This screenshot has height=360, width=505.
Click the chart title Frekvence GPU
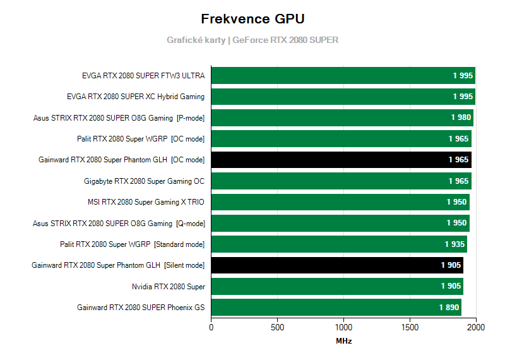click(252, 18)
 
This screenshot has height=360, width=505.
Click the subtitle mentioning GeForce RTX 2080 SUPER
click(252, 40)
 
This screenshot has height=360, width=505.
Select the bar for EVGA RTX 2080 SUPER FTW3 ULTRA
click(343, 76)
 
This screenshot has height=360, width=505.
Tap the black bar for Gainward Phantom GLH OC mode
click(341, 160)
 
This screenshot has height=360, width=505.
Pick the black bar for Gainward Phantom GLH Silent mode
click(337, 265)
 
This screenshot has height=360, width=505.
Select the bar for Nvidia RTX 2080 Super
click(337, 286)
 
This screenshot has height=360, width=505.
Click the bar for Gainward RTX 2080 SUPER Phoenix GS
click(336, 308)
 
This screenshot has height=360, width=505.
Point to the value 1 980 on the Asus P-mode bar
click(461, 117)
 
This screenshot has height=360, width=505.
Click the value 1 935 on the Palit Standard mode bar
click(454, 244)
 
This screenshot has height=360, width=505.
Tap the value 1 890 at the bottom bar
click(449, 308)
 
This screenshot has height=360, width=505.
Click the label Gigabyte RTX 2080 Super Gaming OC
click(144, 181)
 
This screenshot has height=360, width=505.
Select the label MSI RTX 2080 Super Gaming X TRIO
click(146, 202)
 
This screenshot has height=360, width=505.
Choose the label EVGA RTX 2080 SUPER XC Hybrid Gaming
click(135, 97)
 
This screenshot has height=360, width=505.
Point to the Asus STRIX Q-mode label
click(119, 223)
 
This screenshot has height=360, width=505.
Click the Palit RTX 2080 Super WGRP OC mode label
click(141, 139)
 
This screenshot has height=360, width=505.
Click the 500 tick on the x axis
click(277, 327)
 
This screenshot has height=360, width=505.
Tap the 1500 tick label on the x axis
click(410, 327)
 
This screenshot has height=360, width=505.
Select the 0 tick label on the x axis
click(211, 327)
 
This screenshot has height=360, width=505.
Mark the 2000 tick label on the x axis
click(476, 327)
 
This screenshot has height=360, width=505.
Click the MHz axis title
click(343, 341)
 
